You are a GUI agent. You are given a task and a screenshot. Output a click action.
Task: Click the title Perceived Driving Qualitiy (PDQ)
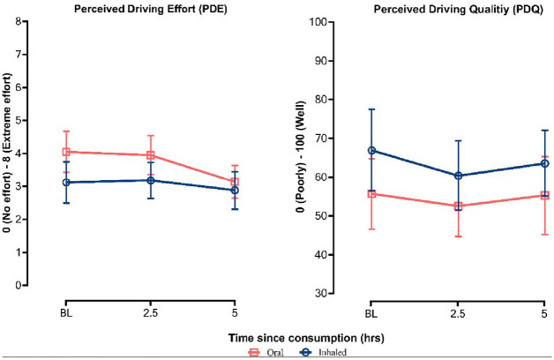pyautogui.click(x=433, y=9)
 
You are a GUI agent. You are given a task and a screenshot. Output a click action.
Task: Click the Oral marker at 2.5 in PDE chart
pyautogui.click(x=151, y=155)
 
